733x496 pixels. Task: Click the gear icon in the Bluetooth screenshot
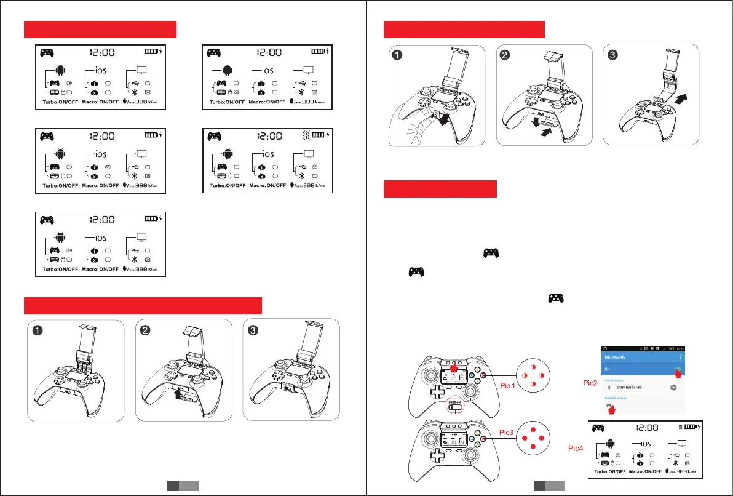pos(673,387)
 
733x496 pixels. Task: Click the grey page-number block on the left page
pos(183,486)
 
